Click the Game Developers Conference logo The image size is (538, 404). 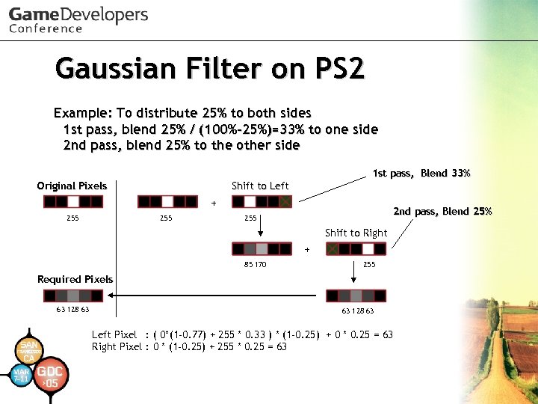click(x=78, y=19)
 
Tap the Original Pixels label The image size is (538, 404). click(x=72, y=186)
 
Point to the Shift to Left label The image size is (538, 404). click(x=260, y=186)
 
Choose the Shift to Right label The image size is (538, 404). click(x=356, y=233)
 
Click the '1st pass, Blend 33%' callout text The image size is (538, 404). click(x=421, y=174)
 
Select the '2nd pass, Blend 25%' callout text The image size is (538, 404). click(x=442, y=211)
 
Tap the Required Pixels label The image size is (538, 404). click(x=75, y=279)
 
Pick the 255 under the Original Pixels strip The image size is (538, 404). click(x=72, y=218)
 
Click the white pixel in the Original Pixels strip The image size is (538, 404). click(x=73, y=202)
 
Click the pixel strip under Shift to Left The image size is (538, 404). click(x=262, y=202)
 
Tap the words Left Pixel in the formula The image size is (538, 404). click(x=114, y=335)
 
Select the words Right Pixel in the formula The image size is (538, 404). click(x=117, y=346)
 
